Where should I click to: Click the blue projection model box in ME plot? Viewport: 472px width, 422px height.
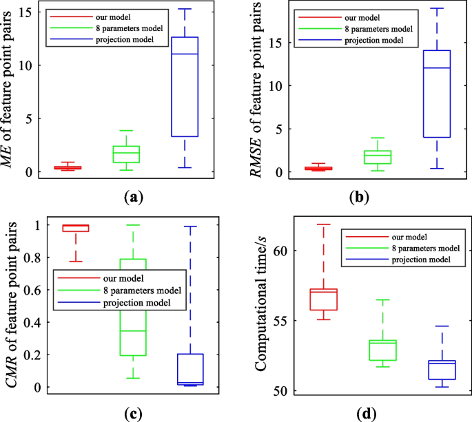coord(185,87)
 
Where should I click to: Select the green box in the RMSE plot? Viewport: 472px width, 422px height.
coord(377,157)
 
